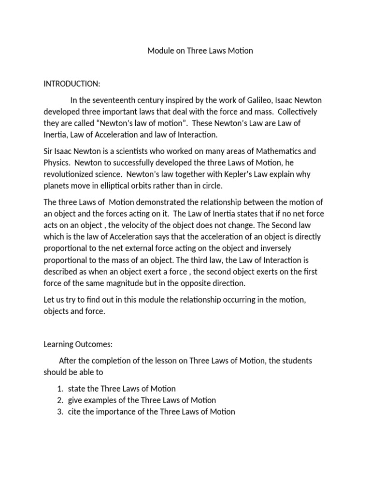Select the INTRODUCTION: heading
coord(72,84)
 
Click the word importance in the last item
coord(117,412)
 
